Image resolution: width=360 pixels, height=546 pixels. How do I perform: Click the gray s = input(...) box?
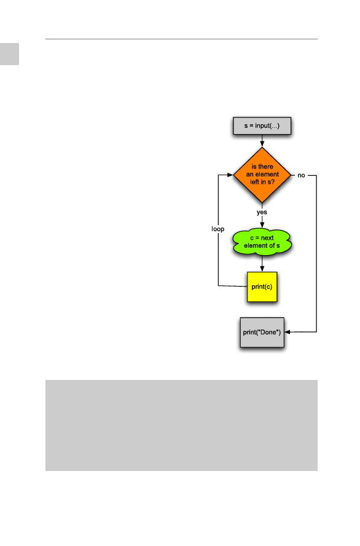262,125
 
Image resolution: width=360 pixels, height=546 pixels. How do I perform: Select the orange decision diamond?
262,175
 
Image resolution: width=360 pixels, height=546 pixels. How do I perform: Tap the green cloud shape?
262,242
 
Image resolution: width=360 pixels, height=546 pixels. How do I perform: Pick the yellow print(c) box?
262,287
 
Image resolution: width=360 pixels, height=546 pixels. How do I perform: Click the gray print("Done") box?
262,332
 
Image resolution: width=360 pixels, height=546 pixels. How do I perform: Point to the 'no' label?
301,175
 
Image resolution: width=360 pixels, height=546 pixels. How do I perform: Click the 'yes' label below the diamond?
262,212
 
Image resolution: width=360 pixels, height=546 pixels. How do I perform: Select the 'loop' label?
217,229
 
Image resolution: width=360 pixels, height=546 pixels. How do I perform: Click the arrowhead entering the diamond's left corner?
230,175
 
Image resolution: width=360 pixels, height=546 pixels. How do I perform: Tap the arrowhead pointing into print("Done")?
288,332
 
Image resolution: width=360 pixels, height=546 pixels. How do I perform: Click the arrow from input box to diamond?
262,141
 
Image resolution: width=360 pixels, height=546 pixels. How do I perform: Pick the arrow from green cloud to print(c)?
262,264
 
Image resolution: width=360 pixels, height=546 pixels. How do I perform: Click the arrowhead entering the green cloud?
262,225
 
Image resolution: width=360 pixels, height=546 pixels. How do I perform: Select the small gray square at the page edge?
9,54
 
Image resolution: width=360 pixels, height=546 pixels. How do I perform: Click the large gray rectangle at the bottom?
181,425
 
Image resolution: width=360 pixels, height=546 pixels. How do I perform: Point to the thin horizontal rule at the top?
181,39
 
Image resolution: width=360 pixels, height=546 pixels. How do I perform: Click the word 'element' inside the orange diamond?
267,174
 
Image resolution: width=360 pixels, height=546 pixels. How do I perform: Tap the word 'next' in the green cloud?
267,238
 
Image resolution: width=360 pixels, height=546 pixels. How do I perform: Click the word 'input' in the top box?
262,125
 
